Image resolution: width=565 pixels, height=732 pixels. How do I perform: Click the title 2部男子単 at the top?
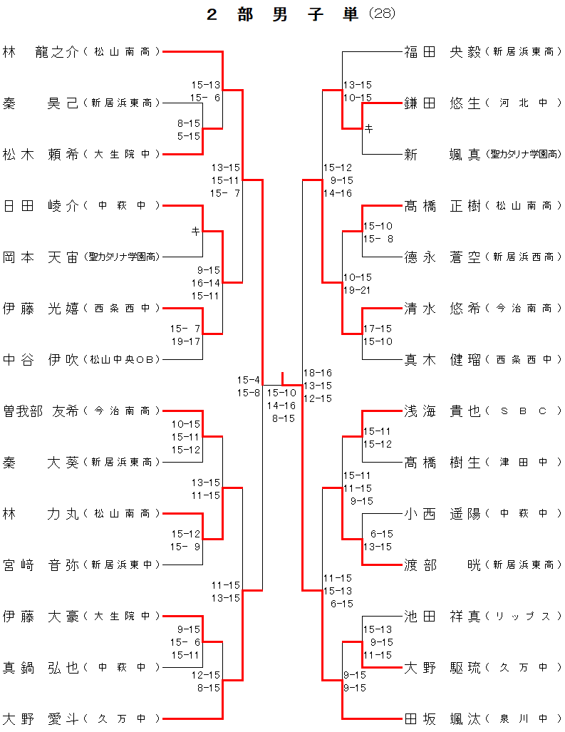[283, 14]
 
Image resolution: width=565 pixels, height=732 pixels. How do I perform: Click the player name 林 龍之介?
[41, 51]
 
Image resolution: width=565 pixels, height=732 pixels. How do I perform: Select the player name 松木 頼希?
[41, 154]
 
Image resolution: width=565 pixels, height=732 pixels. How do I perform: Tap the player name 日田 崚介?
[41, 205]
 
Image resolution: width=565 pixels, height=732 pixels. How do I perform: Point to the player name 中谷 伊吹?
[41, 359]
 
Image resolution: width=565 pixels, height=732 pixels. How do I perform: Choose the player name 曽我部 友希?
[41, 411]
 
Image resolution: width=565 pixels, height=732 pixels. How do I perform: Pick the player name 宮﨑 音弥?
[41, 565]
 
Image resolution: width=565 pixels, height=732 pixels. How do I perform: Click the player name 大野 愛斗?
[41, 718]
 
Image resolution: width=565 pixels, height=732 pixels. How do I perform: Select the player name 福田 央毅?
[442, 51]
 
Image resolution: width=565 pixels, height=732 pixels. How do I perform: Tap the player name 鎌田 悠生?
[442, 103]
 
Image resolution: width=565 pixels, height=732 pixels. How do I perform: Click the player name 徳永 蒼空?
[442, 257]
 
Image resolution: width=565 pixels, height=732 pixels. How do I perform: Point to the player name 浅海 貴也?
[442, 411]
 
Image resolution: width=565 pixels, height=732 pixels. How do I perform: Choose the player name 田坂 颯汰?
[442, 718]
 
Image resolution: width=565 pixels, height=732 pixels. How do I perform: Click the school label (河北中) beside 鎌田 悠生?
[523, 103]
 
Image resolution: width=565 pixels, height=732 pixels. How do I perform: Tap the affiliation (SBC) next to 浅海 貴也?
[523, 411]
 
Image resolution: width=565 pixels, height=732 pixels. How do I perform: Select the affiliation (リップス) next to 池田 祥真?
[523, 616]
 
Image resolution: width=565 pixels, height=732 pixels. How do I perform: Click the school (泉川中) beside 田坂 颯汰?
[523, 718]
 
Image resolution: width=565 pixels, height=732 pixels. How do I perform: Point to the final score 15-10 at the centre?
[281, 393]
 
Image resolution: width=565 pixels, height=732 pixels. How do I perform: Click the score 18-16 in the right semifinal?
[318, 373]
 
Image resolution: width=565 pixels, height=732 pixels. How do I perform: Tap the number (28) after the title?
[382, 14]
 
